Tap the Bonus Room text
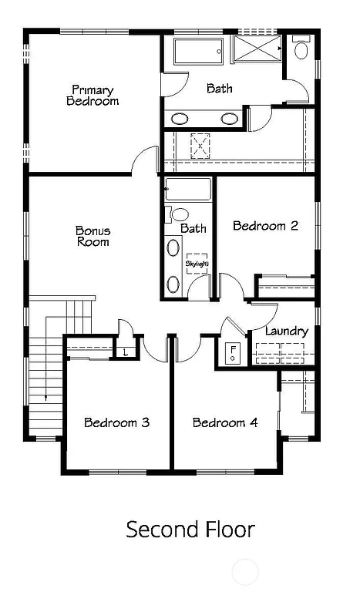pyautogui.click(x=93, y=236)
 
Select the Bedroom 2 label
pyautogui.click(x=265, y=226)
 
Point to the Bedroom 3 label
pyautogui.click(x=116, y=422)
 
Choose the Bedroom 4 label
pyautogui.click(x=225, y=422)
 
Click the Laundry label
pyautogui.click(x=286, y=331)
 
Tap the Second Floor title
pyautogui.click(x=190, y=530)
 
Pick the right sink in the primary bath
pyautogui.click(x=230, y=119)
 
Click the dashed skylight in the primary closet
pyautogui.click(x=201, y=144)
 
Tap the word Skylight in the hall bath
pyautogui.click(x=197, y=264)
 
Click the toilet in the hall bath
pyautogui.click(x=179, y=215)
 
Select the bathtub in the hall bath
pyautogui.click(x=188, y=190)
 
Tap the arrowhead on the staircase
pyautogui.click(x=46, y=398)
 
